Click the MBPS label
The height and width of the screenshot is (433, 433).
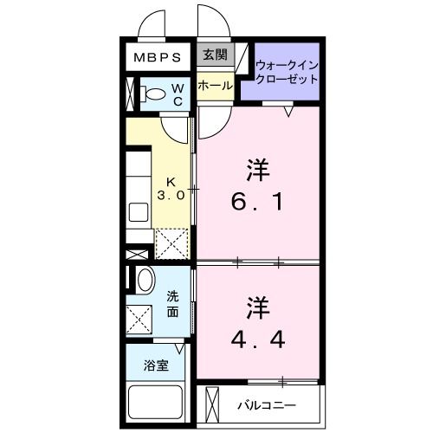157,59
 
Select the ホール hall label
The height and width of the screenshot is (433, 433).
214,86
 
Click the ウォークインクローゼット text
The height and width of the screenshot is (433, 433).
287,70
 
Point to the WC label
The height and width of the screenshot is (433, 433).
176,93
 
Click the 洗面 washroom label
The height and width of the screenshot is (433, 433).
173,305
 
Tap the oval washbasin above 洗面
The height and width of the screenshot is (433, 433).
145,280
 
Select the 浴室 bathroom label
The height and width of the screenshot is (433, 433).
156,365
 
